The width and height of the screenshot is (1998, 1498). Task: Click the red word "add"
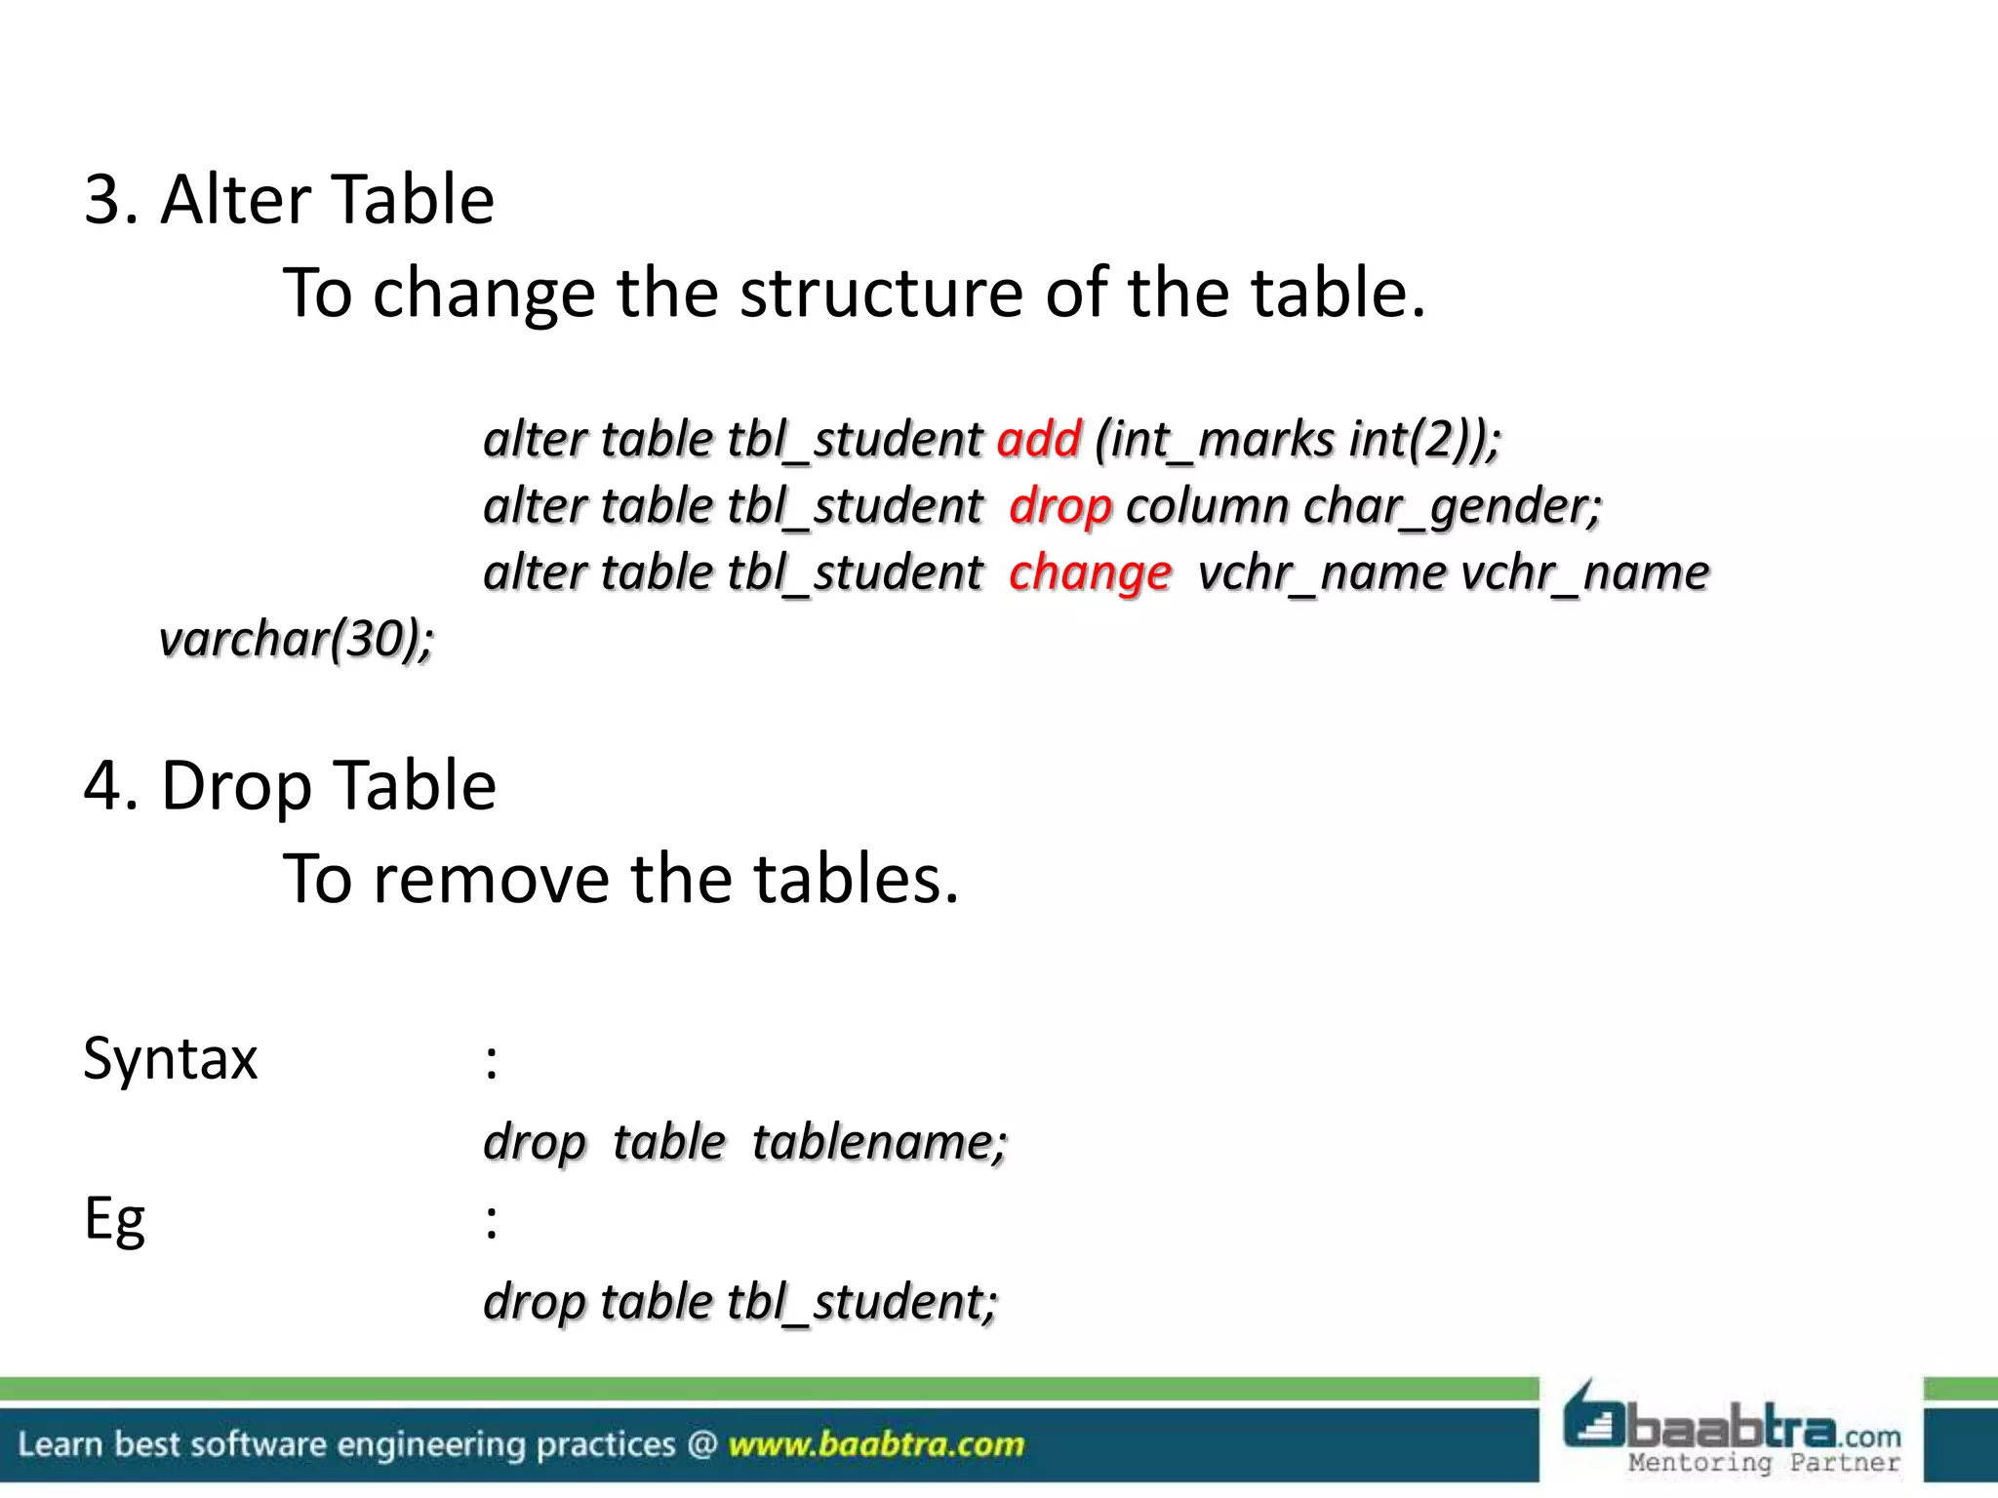[1039, 440]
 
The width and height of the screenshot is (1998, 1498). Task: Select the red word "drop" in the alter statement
[1060, 506]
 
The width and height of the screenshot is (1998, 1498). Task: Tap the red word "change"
[1090, 572]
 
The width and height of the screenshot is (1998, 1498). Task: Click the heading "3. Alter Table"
[289, 200]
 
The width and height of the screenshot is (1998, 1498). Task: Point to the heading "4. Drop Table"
[290, 785]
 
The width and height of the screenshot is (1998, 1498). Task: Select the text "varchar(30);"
[297, 640]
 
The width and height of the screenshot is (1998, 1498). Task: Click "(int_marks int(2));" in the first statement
[1298, 440]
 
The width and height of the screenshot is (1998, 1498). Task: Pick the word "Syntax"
[170, 1059]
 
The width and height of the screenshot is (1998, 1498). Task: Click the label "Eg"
[114, 1219]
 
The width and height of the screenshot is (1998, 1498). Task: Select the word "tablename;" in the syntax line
[879, 1142]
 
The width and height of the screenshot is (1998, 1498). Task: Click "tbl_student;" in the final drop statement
[862, 1302]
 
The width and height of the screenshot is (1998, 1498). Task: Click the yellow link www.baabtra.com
[876, 1444]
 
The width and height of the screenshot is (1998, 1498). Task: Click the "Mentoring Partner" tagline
[1764, 1463]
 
